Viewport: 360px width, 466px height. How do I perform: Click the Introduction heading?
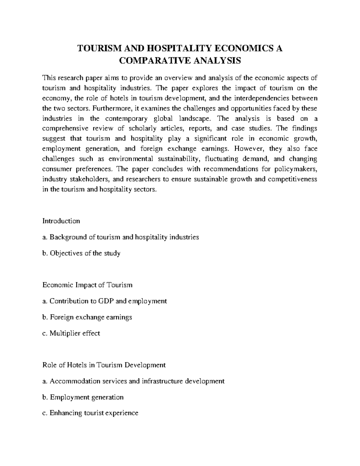[61, 221]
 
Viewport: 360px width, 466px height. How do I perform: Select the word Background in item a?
[68, 237]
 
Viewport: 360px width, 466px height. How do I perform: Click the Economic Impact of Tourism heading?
[87, 285]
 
